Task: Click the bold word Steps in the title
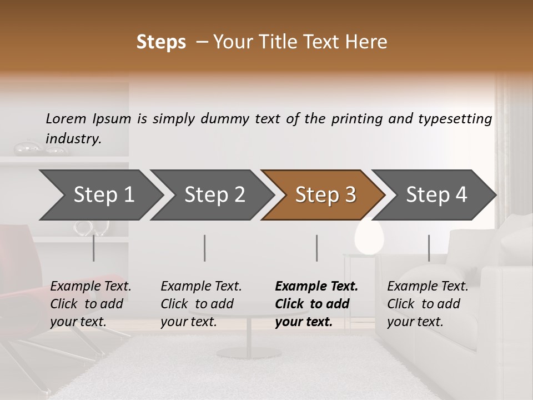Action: coord(161,42)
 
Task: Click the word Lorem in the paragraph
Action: coord(66,118)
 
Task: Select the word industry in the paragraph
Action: coord(73,138)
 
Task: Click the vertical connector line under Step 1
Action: coord(93,248)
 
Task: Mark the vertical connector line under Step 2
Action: coord(205,248)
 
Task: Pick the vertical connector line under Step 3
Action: coord(316,248)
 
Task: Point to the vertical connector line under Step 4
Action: coord(429,248)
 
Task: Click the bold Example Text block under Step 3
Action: coord(316,304)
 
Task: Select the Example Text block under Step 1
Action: coord(90,304)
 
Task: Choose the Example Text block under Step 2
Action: coord(201,304)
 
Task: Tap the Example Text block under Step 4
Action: coord(428,304)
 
